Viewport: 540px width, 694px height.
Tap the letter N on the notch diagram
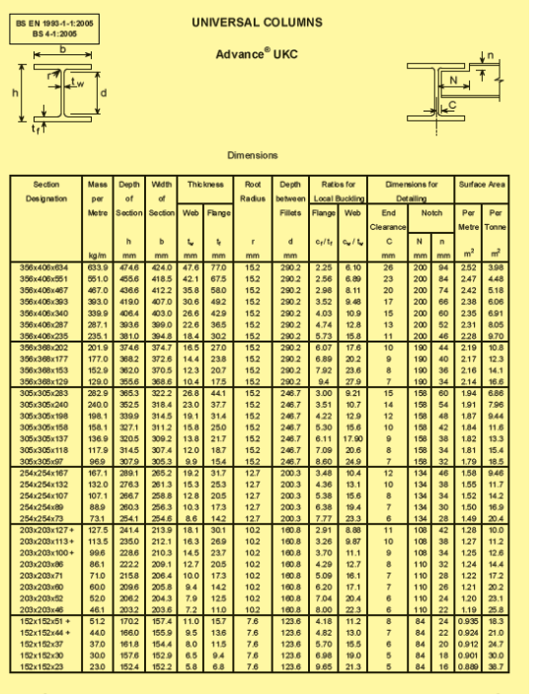(453, 79)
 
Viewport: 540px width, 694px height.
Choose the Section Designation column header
(46, 191)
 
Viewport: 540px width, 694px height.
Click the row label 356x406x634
(46, 268)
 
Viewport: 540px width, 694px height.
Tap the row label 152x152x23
(46, 667)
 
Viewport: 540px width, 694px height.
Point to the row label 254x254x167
(46, 473)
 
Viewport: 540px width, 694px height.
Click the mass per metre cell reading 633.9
(97, 268)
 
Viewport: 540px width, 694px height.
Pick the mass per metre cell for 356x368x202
(97, 348)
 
